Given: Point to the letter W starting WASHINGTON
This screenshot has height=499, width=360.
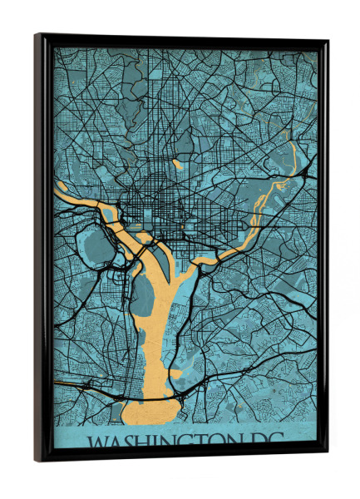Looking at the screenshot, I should (x=98, y=439).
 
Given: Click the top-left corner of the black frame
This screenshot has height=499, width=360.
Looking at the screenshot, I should (x=37, y=37).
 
